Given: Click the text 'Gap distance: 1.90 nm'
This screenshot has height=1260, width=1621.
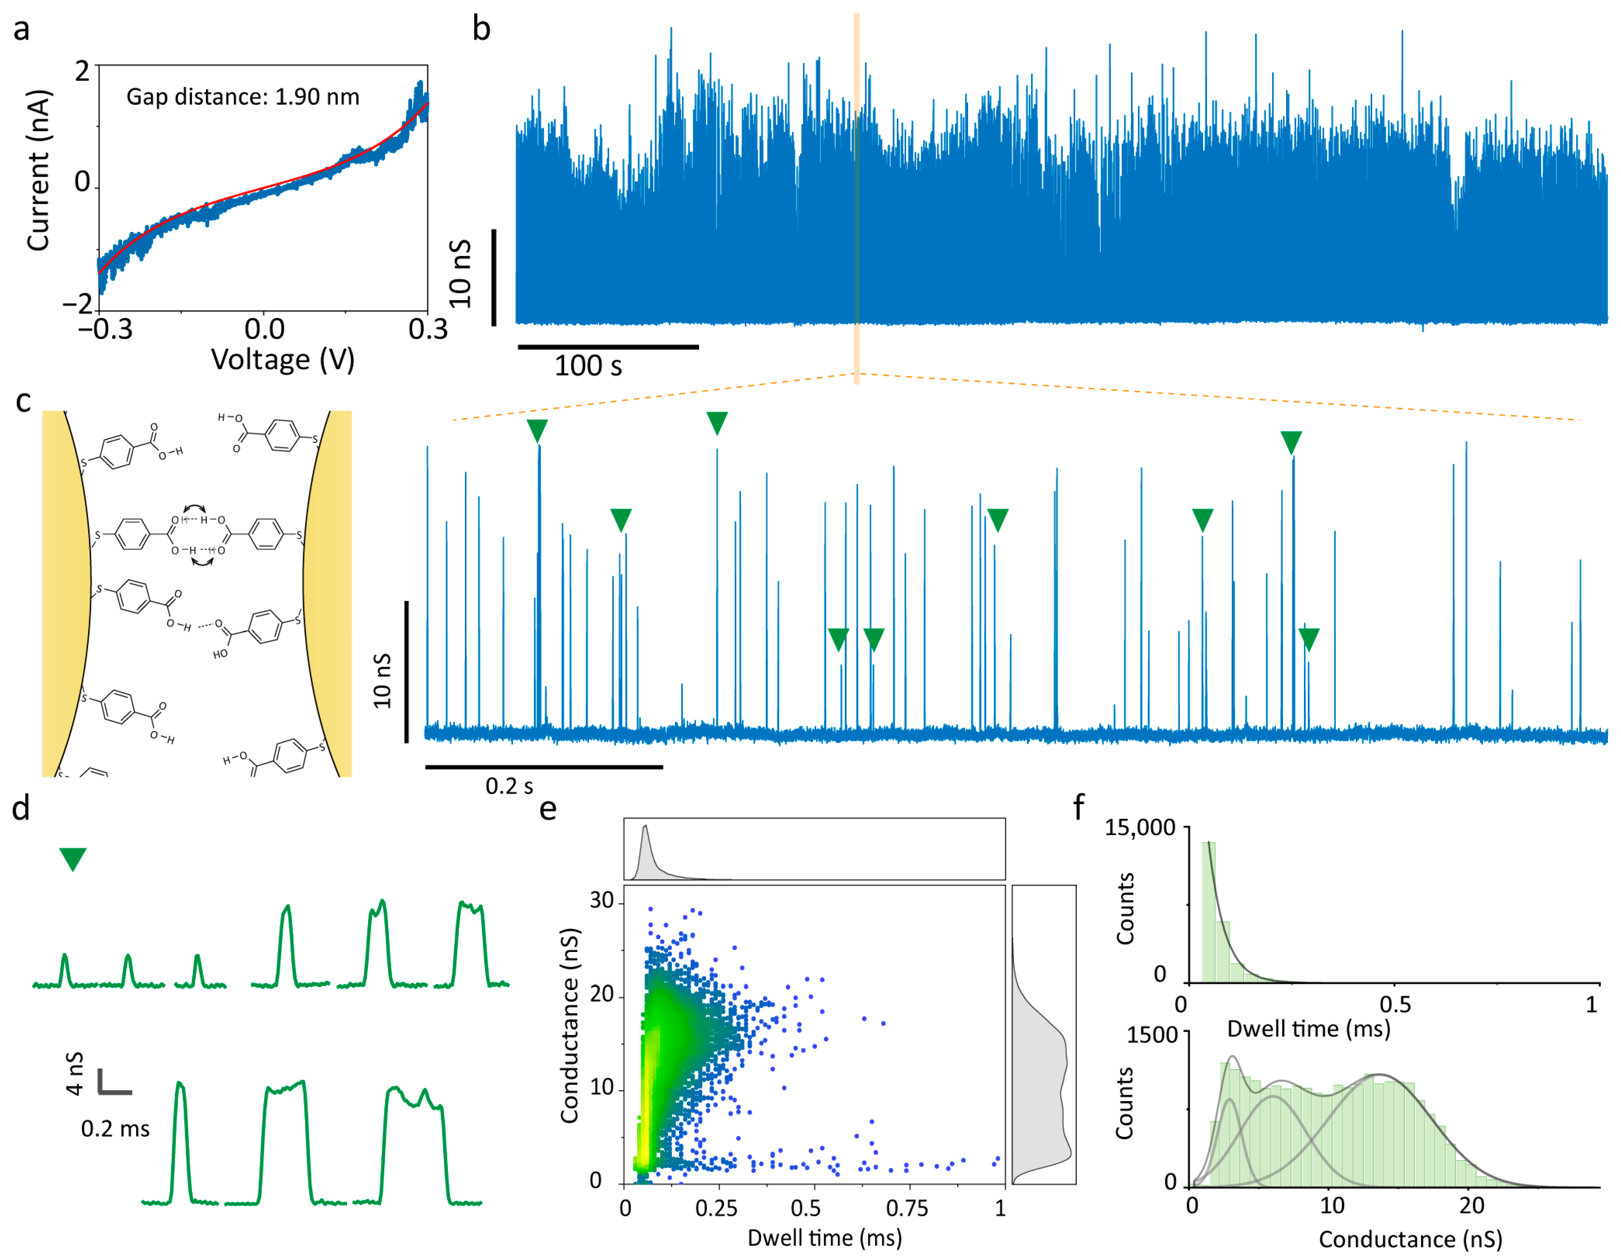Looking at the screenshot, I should (x=243, y=97).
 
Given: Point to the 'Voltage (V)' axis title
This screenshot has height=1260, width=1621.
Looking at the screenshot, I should (x=283, y=360).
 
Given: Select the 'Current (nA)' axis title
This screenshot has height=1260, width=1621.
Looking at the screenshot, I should (x=38, y=171).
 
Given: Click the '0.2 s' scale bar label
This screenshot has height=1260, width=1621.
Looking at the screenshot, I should (x=509, y=786).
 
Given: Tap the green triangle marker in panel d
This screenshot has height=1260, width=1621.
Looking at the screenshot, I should (x=73, y=859).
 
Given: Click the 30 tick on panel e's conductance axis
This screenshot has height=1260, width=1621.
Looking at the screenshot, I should (x=601, y=900).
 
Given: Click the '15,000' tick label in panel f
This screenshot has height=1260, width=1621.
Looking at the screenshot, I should (x=1140, y=828).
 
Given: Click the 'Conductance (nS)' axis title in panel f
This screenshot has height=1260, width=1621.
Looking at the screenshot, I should (x=1410, y=1239).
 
